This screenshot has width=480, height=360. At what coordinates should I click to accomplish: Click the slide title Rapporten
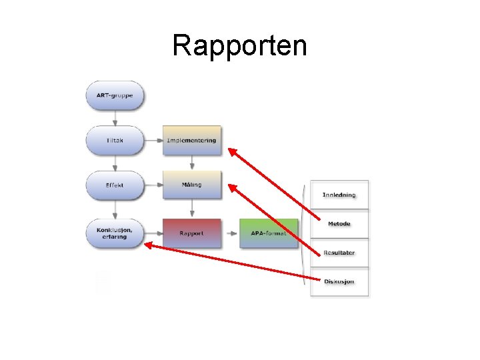click(x=239, y=46)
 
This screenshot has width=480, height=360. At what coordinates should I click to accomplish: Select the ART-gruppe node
click(x=115, y=96)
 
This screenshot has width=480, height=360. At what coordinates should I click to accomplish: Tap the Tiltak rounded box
click(x=115, y=141)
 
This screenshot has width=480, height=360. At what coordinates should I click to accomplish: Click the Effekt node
click(x=115, y=185)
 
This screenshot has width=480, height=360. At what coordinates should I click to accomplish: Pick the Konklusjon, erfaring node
click(x=115, y=233)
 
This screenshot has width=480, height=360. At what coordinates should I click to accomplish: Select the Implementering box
click(x=192, y=141)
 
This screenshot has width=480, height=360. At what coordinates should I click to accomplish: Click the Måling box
click(x=192, y=185)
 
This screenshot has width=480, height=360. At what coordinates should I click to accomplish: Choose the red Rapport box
click(x=192, y=233)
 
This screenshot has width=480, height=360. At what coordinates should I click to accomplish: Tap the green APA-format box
click(x=269, y=233)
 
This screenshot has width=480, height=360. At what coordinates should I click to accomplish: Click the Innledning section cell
click(x=339, y=195)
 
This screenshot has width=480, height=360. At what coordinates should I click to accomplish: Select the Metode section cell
click(x=339, y=224)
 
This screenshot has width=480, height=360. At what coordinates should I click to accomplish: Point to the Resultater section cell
click(x=339, y=253)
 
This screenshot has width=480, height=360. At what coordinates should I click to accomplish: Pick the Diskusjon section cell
click(x=339, y=281)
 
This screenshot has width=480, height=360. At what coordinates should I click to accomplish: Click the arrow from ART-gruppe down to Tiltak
click(x=115, y=119)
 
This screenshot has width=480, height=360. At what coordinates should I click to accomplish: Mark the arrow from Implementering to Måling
click(x=192, y=163)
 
